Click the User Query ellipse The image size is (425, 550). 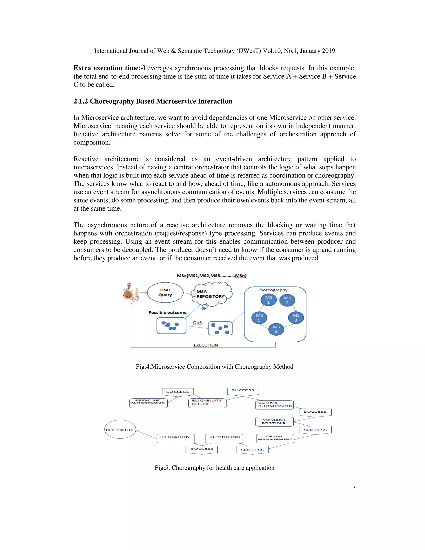165,292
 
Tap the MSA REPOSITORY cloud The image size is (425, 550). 211,294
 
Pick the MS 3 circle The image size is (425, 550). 296,318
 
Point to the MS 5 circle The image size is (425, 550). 259,318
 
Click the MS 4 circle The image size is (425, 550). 276,329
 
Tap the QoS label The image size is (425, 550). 197,323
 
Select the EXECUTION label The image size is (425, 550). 206,345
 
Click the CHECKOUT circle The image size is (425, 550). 120,430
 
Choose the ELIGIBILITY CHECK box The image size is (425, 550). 207,403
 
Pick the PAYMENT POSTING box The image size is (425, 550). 274,422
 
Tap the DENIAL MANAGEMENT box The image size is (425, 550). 275,438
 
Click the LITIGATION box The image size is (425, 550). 176,438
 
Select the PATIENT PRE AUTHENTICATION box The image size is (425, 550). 148,403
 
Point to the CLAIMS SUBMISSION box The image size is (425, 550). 274,405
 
